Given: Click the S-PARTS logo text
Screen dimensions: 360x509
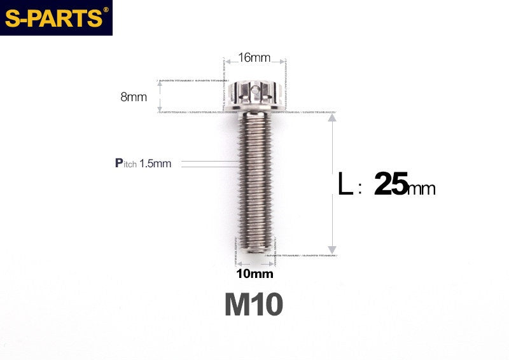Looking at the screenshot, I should (53, 18).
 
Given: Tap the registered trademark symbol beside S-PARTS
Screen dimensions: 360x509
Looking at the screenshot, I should (106, 10).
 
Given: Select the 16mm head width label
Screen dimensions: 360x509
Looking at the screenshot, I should (254, 58).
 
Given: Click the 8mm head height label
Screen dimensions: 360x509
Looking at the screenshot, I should (134, 97).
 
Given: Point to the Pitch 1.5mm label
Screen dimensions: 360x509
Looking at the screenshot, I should (143, 163).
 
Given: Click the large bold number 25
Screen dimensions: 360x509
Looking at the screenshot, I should (391, 184).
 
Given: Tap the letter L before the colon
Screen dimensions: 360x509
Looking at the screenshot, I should (345, 185).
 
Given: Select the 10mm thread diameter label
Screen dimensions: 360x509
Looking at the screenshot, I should (254, 274).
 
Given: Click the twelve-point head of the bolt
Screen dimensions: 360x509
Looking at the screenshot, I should (254, 97).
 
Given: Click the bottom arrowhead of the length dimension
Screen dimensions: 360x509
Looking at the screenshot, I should (331, 249).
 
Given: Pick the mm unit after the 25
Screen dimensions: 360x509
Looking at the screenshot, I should (422, 189).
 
